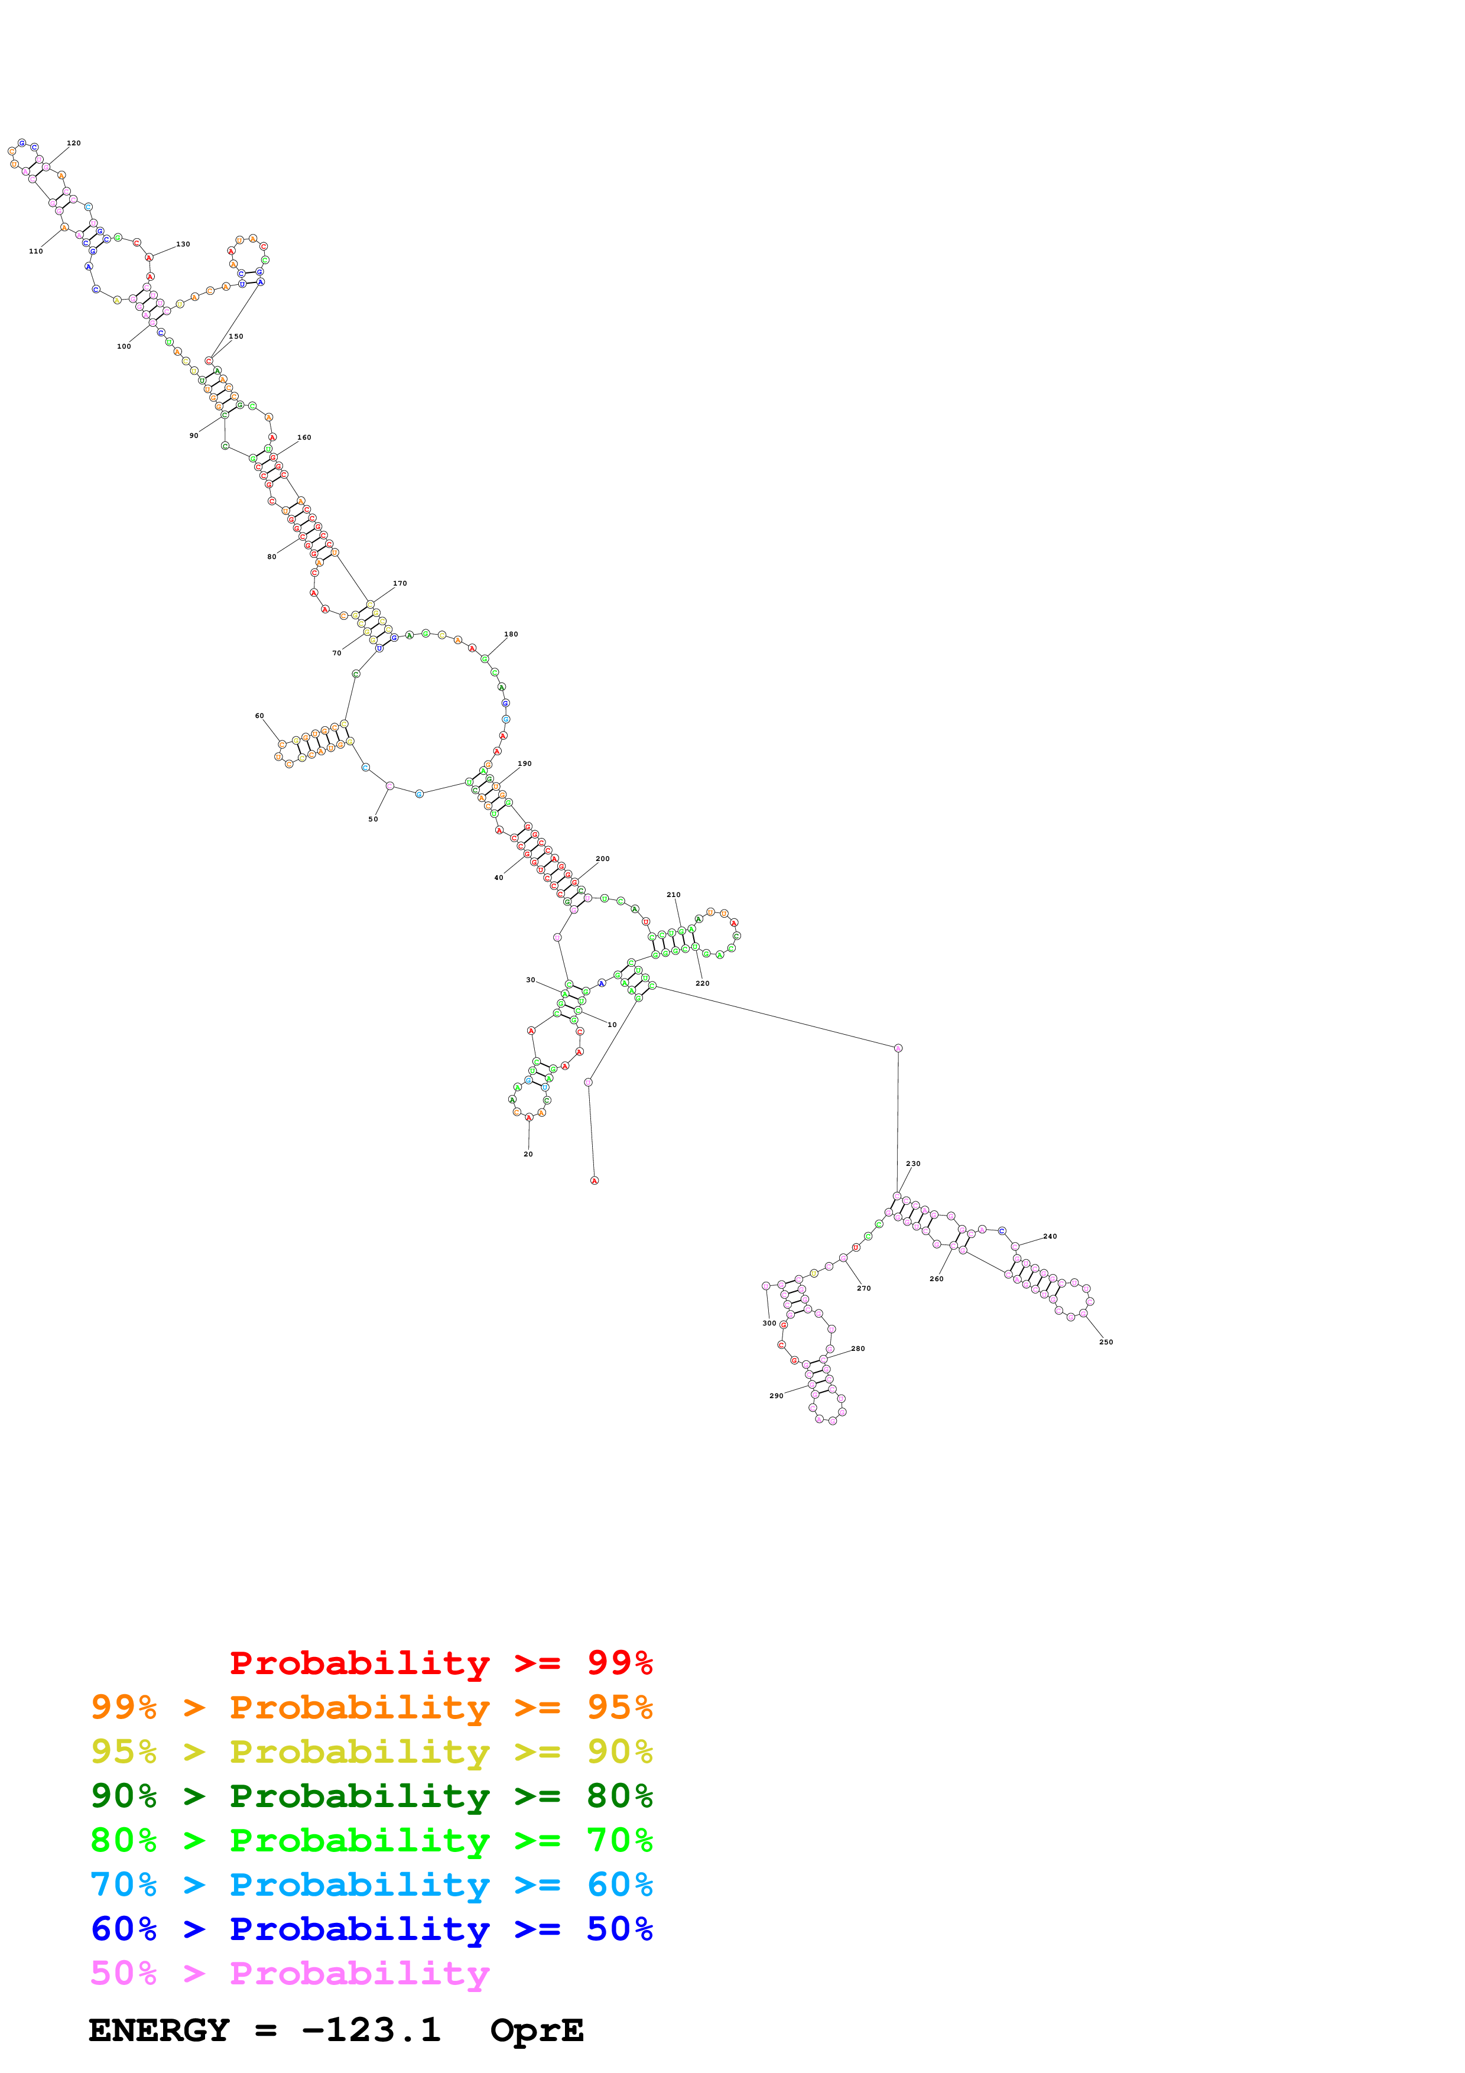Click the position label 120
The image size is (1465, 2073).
tap(74, 142)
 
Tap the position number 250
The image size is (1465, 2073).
tap(1106, 1341)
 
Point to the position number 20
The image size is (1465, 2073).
tap(528, 1154)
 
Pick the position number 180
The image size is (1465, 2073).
tap(511, 634)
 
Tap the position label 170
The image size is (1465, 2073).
tap(400, 583)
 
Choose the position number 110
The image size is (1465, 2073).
tap(36, 251)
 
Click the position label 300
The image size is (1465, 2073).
tap(769, 1323)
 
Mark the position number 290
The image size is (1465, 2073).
tap(777, 1396)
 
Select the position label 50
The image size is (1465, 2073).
tap(373, 819)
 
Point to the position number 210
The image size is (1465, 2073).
tap(673, 895)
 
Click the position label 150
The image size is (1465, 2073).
tap(236, 336)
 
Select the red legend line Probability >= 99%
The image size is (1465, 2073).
tap(440, 1663)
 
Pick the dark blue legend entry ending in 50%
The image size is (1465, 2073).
tap(371, 1929)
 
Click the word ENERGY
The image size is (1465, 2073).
tap(159, 2030)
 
